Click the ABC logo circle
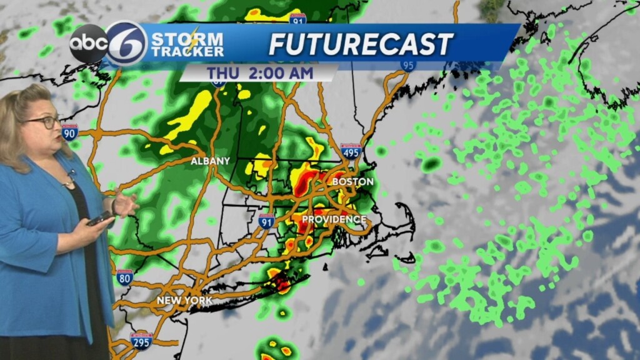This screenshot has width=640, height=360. (88, 44)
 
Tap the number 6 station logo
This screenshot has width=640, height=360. (126, 43)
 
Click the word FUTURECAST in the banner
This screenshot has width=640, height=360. (361, 44)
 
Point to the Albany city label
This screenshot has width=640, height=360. (210, 161)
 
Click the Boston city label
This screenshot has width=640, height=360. (352, 182)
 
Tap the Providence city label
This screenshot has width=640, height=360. (334, 219)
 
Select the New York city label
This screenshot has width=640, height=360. (184, 301)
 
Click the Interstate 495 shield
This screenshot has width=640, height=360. (351, 151)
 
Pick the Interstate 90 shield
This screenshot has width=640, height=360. (70, 132)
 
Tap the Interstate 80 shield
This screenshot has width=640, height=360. (124, 277)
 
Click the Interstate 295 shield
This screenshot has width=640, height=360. (141, 341)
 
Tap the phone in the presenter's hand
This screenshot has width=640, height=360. (99, 218)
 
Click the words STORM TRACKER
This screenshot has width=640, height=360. (187, 44)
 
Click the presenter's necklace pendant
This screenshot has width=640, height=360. (67, 183)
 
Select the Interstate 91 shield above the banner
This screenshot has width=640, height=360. (298, 19)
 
